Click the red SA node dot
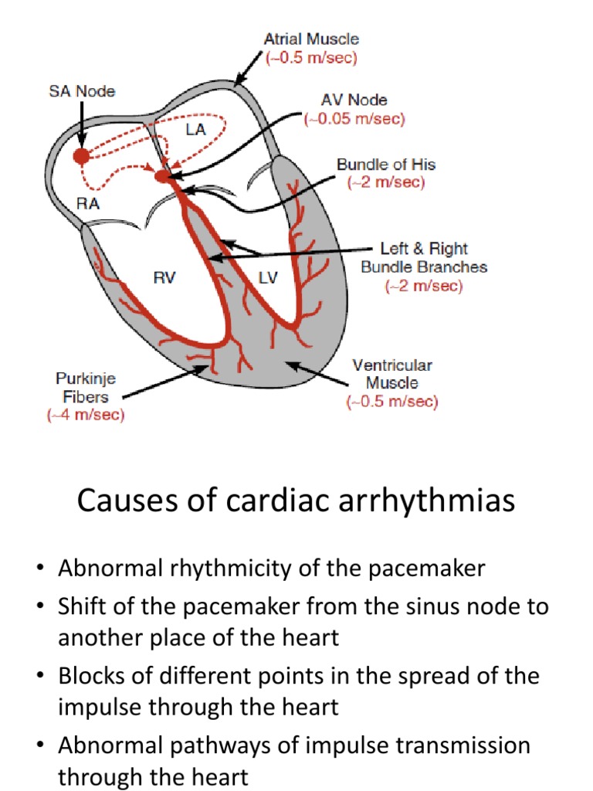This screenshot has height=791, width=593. tap(81, 156)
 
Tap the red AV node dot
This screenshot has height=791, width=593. tap(161, 177)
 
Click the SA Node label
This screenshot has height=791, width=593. tap(77, 91)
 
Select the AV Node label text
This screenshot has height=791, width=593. tap(354, 100)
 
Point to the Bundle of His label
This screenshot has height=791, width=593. tap(385, 165)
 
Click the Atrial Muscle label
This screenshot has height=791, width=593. tap(311, 39)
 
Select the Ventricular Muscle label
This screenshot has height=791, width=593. tap(392, 374)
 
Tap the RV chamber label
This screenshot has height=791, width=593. tap(164, 278)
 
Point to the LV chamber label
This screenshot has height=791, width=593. tap(267, 278)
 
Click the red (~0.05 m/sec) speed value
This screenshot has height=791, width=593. tap(354, 119)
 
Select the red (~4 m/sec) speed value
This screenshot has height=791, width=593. tap(86, 416)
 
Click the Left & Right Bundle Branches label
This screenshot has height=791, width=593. tap(424, 258)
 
